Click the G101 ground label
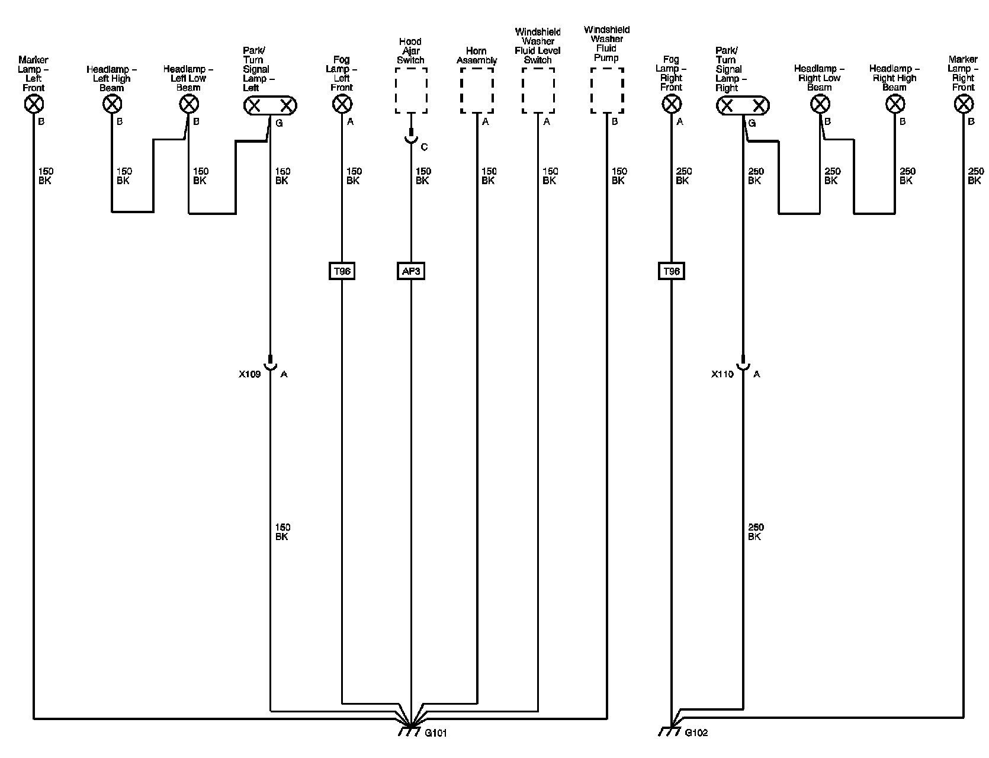point(436,733)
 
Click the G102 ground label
point(696,733)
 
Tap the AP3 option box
point(410,271)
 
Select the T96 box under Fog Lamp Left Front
point(342,271)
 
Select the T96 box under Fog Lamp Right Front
point(671,271)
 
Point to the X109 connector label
point(249,374)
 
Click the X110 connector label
point(722,374)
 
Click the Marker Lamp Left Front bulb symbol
point(34,105)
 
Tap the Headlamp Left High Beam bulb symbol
point(112,105)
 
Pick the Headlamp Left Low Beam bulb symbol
point(188,105)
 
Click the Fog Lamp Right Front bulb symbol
point(671,105)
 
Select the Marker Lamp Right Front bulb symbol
point(964,105)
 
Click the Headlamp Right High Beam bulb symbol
point(895,105)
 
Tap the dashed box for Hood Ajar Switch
point(411,91)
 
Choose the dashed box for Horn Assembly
point(477,91)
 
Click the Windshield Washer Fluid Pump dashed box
point(607,91)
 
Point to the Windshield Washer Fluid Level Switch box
point(538,91)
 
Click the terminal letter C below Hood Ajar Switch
point(424,147)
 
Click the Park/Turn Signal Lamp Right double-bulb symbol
point(743,106)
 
